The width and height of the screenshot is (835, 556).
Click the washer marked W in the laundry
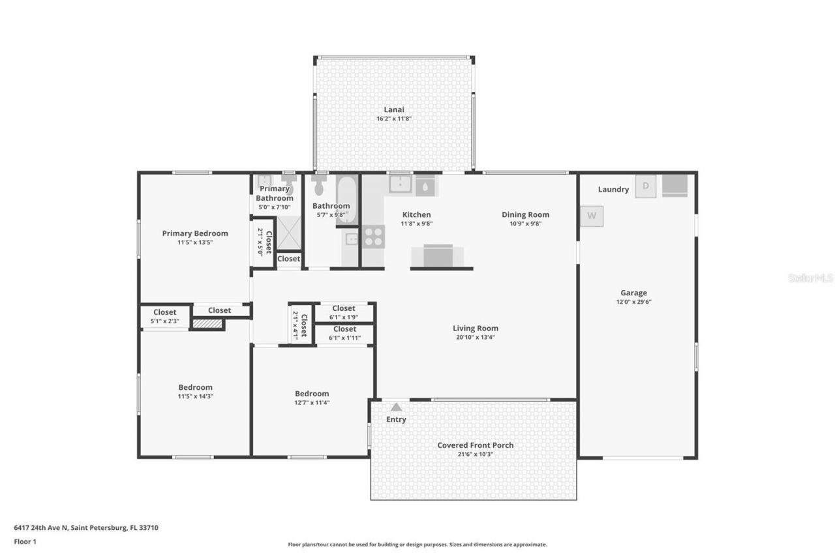[x=592, y=216]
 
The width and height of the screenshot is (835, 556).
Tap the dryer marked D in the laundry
[x=646, y=186]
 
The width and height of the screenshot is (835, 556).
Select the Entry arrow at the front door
[x=396, y=407]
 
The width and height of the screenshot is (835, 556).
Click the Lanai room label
[x=393, y=110]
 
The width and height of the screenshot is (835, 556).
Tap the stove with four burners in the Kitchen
[x=373, y=237]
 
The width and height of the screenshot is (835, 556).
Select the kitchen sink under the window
[x=401, y=184]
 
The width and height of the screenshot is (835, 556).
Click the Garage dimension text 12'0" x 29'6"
[x=633, y=302]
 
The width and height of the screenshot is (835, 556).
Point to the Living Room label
[x=476, y=329]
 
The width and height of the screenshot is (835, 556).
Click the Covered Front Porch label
[x=475, y=445]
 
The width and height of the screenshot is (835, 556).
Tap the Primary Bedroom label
[x=195, y=233]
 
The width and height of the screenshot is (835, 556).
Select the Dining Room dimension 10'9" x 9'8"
[x=525, y=224]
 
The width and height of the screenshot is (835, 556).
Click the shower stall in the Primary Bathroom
[x=290, y=233]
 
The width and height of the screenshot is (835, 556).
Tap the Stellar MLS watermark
[x=810, y=278]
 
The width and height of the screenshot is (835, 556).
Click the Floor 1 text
[x=25, y=541]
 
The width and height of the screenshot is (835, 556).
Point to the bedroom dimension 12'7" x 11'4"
[x=312, y=402]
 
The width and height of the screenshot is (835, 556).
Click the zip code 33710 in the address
[x=147, y=528]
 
